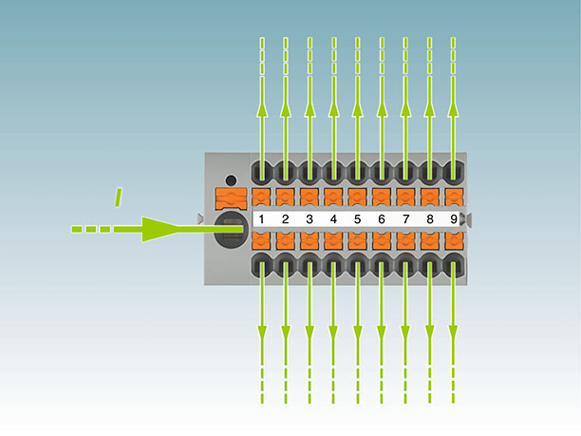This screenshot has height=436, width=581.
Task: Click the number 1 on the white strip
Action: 261,219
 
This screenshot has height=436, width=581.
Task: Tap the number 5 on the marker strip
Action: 357,219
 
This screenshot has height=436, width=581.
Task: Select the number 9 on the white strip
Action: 454,219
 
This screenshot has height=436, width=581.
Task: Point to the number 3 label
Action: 309,219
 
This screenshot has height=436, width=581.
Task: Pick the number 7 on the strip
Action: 405,219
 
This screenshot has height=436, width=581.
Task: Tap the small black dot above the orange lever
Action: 231,180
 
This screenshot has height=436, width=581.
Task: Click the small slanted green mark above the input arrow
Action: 118,197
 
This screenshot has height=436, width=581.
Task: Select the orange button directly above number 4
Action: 333,198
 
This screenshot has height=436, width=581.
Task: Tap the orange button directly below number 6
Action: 382,241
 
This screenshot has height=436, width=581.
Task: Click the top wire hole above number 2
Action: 285,172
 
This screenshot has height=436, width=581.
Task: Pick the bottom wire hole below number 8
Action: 430,265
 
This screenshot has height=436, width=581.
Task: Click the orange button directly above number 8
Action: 430,198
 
